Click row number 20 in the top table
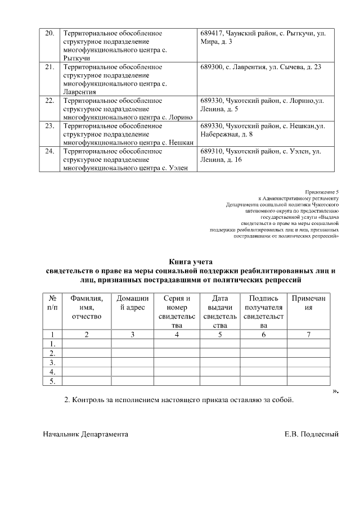(49, 33)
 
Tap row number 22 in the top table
(49, 101)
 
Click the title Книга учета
(191, 262)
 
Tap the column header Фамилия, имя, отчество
(86, 308)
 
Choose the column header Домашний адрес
(132, 303)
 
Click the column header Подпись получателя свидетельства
(263, 312)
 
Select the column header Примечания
(308, 303)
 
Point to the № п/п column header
(52, 303)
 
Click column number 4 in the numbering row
(177, 335)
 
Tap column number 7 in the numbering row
(308, 335)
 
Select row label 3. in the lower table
(52, 363)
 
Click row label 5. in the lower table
(52, 382)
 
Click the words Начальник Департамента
(85, 434)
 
